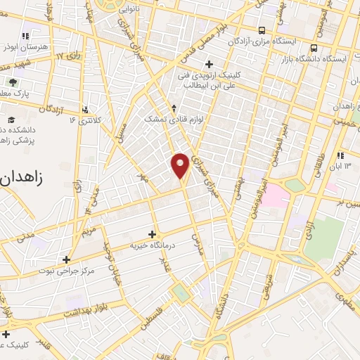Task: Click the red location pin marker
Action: point(181,165)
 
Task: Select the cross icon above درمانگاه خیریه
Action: point(153,234)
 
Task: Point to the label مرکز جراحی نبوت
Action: point(67,271)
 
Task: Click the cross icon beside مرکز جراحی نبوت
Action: point(67,259)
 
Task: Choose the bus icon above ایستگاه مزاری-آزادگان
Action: point(262,30)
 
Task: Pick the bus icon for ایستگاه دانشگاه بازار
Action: point(314,48)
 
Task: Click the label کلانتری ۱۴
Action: point(86,120)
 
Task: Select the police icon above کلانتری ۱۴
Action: point(86,109)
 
